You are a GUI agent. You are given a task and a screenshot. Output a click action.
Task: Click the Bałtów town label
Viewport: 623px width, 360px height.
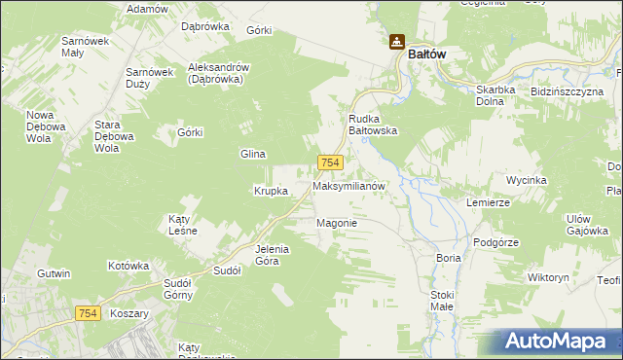[426, 54]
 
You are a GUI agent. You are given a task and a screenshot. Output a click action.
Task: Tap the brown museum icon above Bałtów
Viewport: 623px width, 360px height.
[396, 42]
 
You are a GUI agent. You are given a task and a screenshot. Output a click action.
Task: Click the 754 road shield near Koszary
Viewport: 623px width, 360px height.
[87, 311]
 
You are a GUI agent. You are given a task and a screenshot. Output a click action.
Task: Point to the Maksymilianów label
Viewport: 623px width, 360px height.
[350, 185]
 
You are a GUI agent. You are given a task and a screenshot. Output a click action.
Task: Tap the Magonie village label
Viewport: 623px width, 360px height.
[337, 223]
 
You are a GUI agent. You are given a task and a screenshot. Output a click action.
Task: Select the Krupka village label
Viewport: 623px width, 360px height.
[271, 191]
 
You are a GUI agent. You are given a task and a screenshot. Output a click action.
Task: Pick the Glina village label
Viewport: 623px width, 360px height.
[253, 154]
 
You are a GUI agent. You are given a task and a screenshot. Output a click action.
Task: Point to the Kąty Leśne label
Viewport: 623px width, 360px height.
[183, 225]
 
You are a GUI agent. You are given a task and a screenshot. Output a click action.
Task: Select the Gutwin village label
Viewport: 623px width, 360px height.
[54, 274]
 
